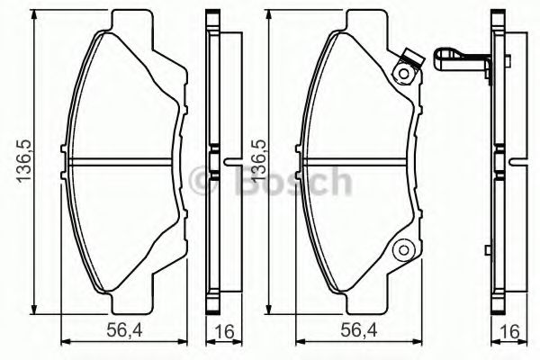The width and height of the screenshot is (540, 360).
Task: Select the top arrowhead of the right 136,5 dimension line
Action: [273, 15]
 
